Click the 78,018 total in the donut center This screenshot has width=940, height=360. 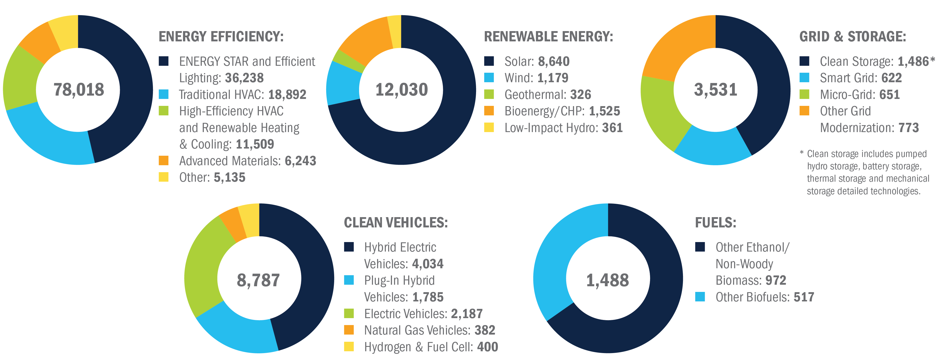point(78,90)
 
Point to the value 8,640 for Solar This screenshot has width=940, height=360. point(554,62)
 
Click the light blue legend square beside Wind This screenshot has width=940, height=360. point(489,78)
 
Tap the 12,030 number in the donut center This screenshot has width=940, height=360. point(401,90)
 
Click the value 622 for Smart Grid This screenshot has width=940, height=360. point(891,78)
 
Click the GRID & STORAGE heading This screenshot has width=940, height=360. point(852,37)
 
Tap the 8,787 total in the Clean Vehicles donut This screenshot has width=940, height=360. point(258,280)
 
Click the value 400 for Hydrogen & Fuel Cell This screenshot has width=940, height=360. point(488,347)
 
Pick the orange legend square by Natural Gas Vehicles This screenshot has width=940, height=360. point(349,330)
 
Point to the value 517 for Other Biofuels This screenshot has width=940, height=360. point(804,297)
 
